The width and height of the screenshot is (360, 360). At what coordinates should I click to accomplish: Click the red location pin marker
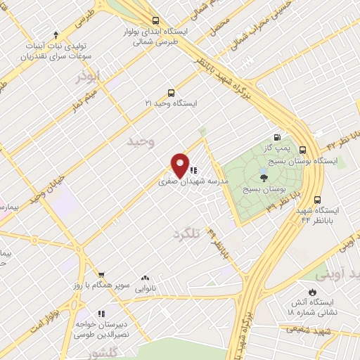[181, 165]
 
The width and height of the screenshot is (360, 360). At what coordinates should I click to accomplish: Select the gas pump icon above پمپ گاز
[277, 137]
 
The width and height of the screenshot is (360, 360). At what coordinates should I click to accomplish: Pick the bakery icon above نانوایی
[146, 278]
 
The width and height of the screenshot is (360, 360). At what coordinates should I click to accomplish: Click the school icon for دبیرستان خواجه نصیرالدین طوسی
[101, 314]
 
